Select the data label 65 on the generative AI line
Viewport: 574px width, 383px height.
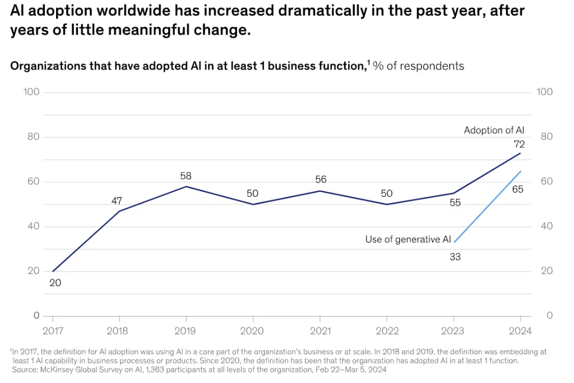pyautogui.click(x=518, y=190)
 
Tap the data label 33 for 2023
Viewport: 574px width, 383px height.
pyautogui.click(x=455, y=257)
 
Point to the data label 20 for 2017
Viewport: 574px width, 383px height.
pyautogui.click(x=55, y=283)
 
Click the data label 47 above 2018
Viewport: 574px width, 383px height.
pyautogui.click(x=117, y=201)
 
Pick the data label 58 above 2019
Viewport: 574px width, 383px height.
pyautogui.click(x=186, y=176)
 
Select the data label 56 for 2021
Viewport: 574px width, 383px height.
pyautogui.click(x=321, y=180)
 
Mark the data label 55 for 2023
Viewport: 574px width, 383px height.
pyautogui.click(x=455, y=203)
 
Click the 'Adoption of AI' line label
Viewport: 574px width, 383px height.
pyautogui.click(x=494, y=130)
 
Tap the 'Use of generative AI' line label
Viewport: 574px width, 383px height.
pyautogui.click(x=408, y=239)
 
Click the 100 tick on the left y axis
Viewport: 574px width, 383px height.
pyautogui.click(x=31, y=92)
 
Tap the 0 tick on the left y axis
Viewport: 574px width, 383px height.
pyautogui.click(x=36, y=316)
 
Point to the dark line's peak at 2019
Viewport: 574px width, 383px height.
pyautogui.click(x=186, y=187)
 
